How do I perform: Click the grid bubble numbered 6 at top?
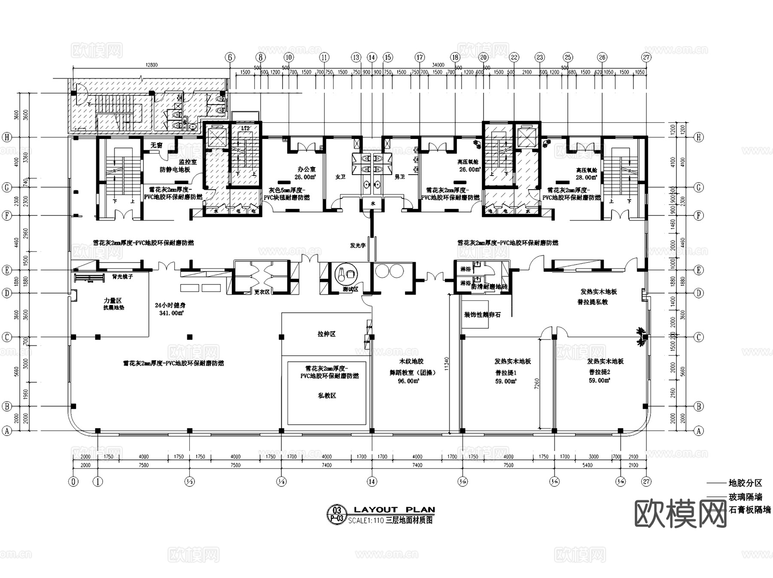[230, 57]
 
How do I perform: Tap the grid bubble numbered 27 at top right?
[646, 57]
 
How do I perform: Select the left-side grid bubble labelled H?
[6, 137]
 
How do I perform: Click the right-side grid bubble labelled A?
[699, 431]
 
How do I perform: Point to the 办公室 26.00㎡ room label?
[306, 173]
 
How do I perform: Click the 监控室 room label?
[187, 162]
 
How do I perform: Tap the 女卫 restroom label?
[340, 177]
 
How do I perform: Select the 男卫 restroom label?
[399, 177]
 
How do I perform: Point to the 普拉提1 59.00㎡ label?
[506, 377]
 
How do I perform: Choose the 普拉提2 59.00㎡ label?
[599, 376]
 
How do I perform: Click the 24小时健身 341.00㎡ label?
[170, 309]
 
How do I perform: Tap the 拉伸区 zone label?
[326, 334]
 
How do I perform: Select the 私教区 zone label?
[327, 396]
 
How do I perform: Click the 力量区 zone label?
[113, 300]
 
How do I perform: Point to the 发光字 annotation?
[357, 245]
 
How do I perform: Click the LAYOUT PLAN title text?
[394, 510]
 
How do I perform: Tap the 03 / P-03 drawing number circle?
[337, 514]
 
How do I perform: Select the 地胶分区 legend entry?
[745, 483]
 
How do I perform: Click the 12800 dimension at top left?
[152, 65]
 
